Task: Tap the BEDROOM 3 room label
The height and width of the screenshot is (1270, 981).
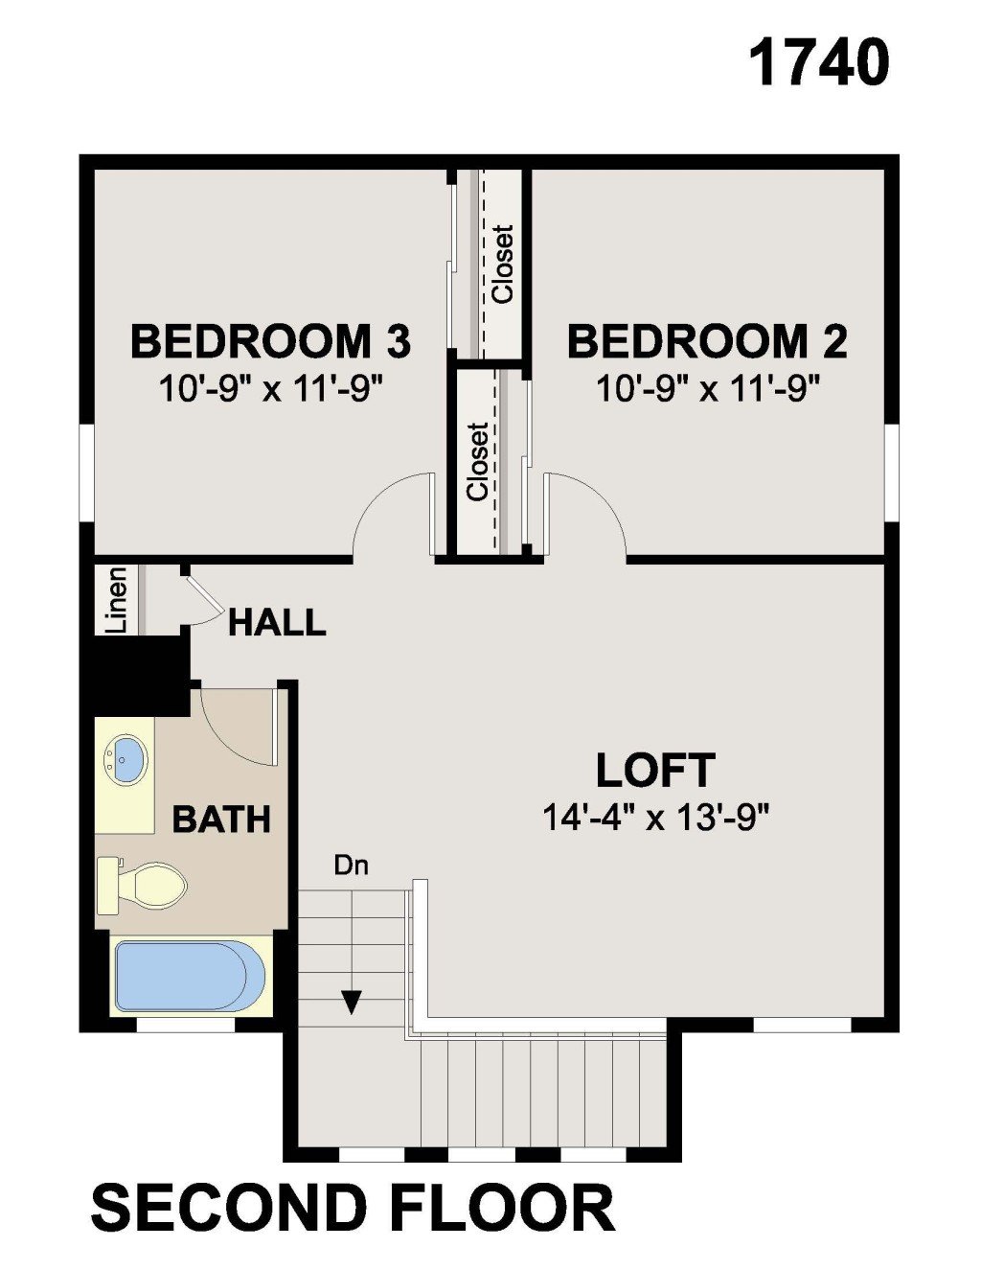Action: pos(271,341)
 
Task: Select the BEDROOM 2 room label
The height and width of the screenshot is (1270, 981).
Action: pos(707,341)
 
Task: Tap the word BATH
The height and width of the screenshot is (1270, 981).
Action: pos(221,820)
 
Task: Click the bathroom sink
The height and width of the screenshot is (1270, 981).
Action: pos(125,760)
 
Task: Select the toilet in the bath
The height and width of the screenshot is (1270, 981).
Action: pos(141,886)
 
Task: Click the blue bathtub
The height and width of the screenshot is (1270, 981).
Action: pos(191,978)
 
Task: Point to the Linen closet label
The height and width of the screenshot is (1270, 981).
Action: pos(119,601)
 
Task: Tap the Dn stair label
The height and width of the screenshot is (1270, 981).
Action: pos(351,866)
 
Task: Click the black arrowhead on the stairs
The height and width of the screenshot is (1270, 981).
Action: pos(351,1002)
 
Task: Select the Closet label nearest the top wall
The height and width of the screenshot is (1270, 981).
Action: pos(503,265)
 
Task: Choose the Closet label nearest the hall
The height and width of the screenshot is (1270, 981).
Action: pos(478,462)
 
